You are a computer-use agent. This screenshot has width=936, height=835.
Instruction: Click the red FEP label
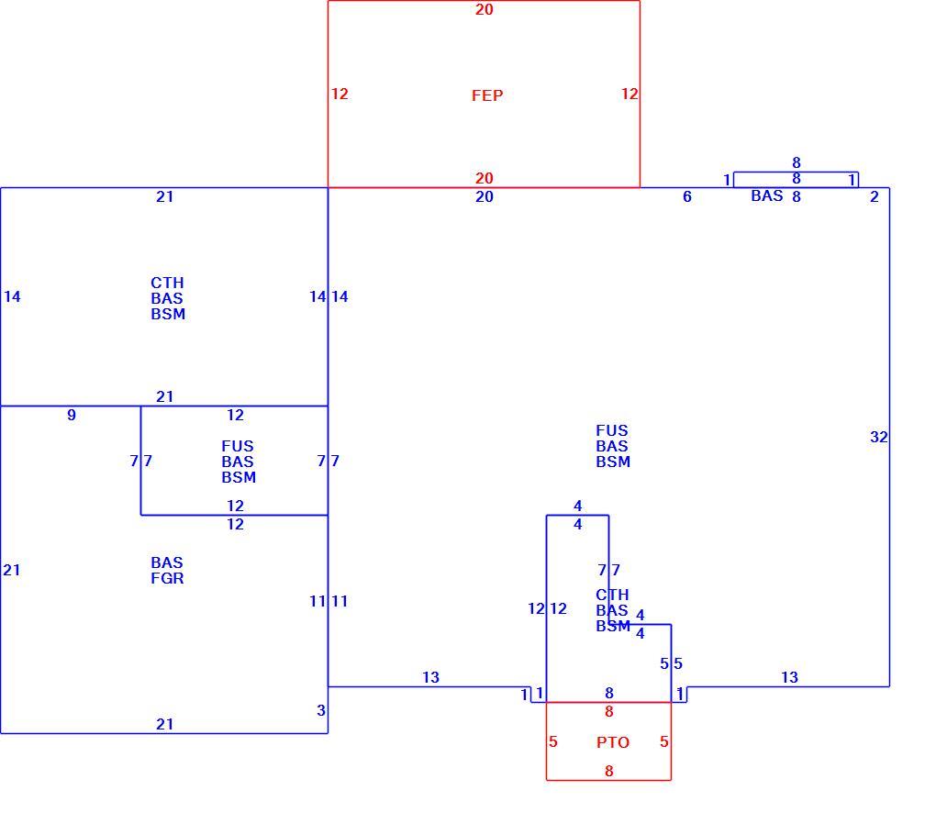coord(487,95)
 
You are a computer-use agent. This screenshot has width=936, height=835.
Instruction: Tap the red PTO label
coord(613,742)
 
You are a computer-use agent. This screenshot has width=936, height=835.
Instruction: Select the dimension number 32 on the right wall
coord(879,437)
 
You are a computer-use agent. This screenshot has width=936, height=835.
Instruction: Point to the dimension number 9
coord(72,415)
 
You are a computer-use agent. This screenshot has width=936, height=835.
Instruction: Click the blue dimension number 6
coord(687,196)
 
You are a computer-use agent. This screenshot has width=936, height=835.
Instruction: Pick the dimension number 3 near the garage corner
coord(321,710)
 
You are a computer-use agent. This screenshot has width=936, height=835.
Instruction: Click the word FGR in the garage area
coord(167,578)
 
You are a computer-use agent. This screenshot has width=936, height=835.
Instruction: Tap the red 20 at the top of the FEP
coord(485,9)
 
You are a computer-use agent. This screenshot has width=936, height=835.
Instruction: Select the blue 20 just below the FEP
coord(485,196)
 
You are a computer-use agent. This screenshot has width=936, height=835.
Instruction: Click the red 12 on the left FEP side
coord(340,94)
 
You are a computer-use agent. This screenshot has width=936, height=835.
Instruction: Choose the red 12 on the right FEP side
coord(630,94)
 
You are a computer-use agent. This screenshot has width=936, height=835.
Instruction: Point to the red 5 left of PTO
coord(553,741)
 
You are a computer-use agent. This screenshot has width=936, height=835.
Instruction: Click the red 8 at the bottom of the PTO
coord(609,771)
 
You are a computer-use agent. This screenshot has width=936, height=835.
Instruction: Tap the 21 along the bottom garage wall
coord(165,724)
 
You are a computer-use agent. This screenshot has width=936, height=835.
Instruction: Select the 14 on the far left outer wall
coord(12,296)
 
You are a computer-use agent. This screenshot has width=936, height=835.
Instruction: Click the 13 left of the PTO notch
coord(430,677)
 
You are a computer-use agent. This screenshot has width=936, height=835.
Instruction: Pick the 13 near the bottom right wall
coord(789,677)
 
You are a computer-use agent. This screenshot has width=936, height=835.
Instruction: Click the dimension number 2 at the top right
coord(875,196)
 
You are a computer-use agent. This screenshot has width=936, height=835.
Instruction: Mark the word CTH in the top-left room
coord(167,283)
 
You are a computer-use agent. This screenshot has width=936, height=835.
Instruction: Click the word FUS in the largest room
coord(612,431)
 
